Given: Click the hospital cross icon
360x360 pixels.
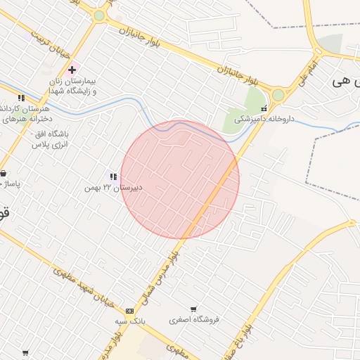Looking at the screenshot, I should click(72, 70).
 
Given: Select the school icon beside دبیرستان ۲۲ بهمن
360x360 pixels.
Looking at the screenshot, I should click(112, 176).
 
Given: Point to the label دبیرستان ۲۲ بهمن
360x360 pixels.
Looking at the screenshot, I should click(113, 188).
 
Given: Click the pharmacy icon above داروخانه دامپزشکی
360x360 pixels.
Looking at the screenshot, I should click(264, 109).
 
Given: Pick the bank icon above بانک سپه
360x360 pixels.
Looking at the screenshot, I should click(129, 311).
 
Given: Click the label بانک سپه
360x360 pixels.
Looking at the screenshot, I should click(131, 321).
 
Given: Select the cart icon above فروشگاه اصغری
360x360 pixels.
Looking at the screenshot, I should click(194, 309).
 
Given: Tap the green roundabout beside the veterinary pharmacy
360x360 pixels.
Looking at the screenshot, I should click(278, 94).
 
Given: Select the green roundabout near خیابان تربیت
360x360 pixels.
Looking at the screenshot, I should click(99, 15).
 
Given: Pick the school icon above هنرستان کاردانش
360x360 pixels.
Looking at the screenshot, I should click(21, 98).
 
